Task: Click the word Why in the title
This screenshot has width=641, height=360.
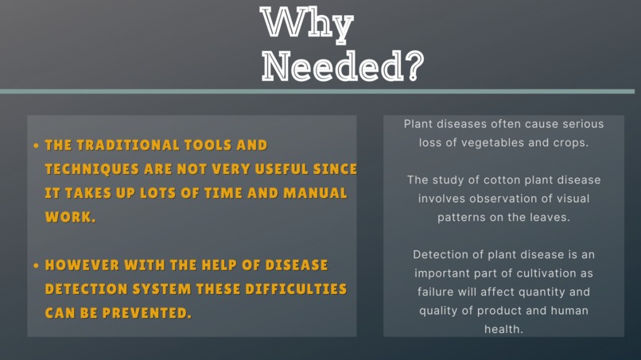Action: coord(307,24)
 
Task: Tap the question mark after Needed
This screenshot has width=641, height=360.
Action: coord(412,67)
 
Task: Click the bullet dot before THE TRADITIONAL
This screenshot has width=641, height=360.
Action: coord(36,146)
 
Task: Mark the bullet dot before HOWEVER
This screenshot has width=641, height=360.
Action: coord(36,265)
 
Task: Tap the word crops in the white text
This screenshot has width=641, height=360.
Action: coord(571,143)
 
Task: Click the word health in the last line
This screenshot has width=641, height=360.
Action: coord(503,328)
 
